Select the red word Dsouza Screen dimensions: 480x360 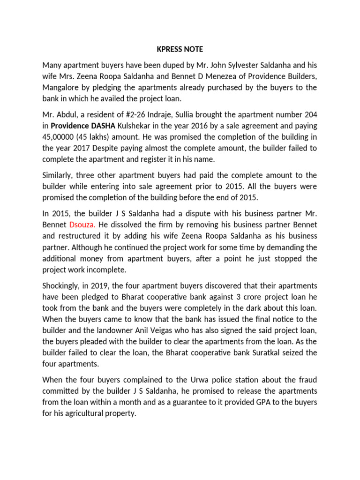[x=82, y=225]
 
